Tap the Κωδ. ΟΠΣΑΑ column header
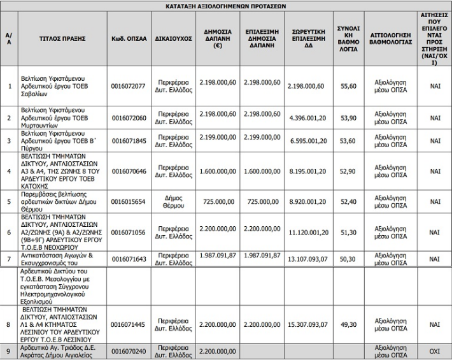129,38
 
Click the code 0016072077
129,86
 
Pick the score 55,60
348,86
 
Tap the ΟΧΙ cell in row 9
435,351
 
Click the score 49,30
348,325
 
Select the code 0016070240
129,351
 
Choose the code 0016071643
129,259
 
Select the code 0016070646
129,171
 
